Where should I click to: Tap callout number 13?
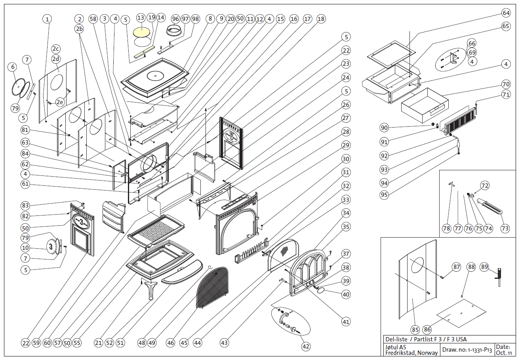141,18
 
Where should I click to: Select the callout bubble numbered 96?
176,19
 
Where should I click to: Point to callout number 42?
305,347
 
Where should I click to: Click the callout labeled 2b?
80,29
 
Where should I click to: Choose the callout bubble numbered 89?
484,267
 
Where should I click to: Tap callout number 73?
505,229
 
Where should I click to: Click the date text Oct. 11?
504,352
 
